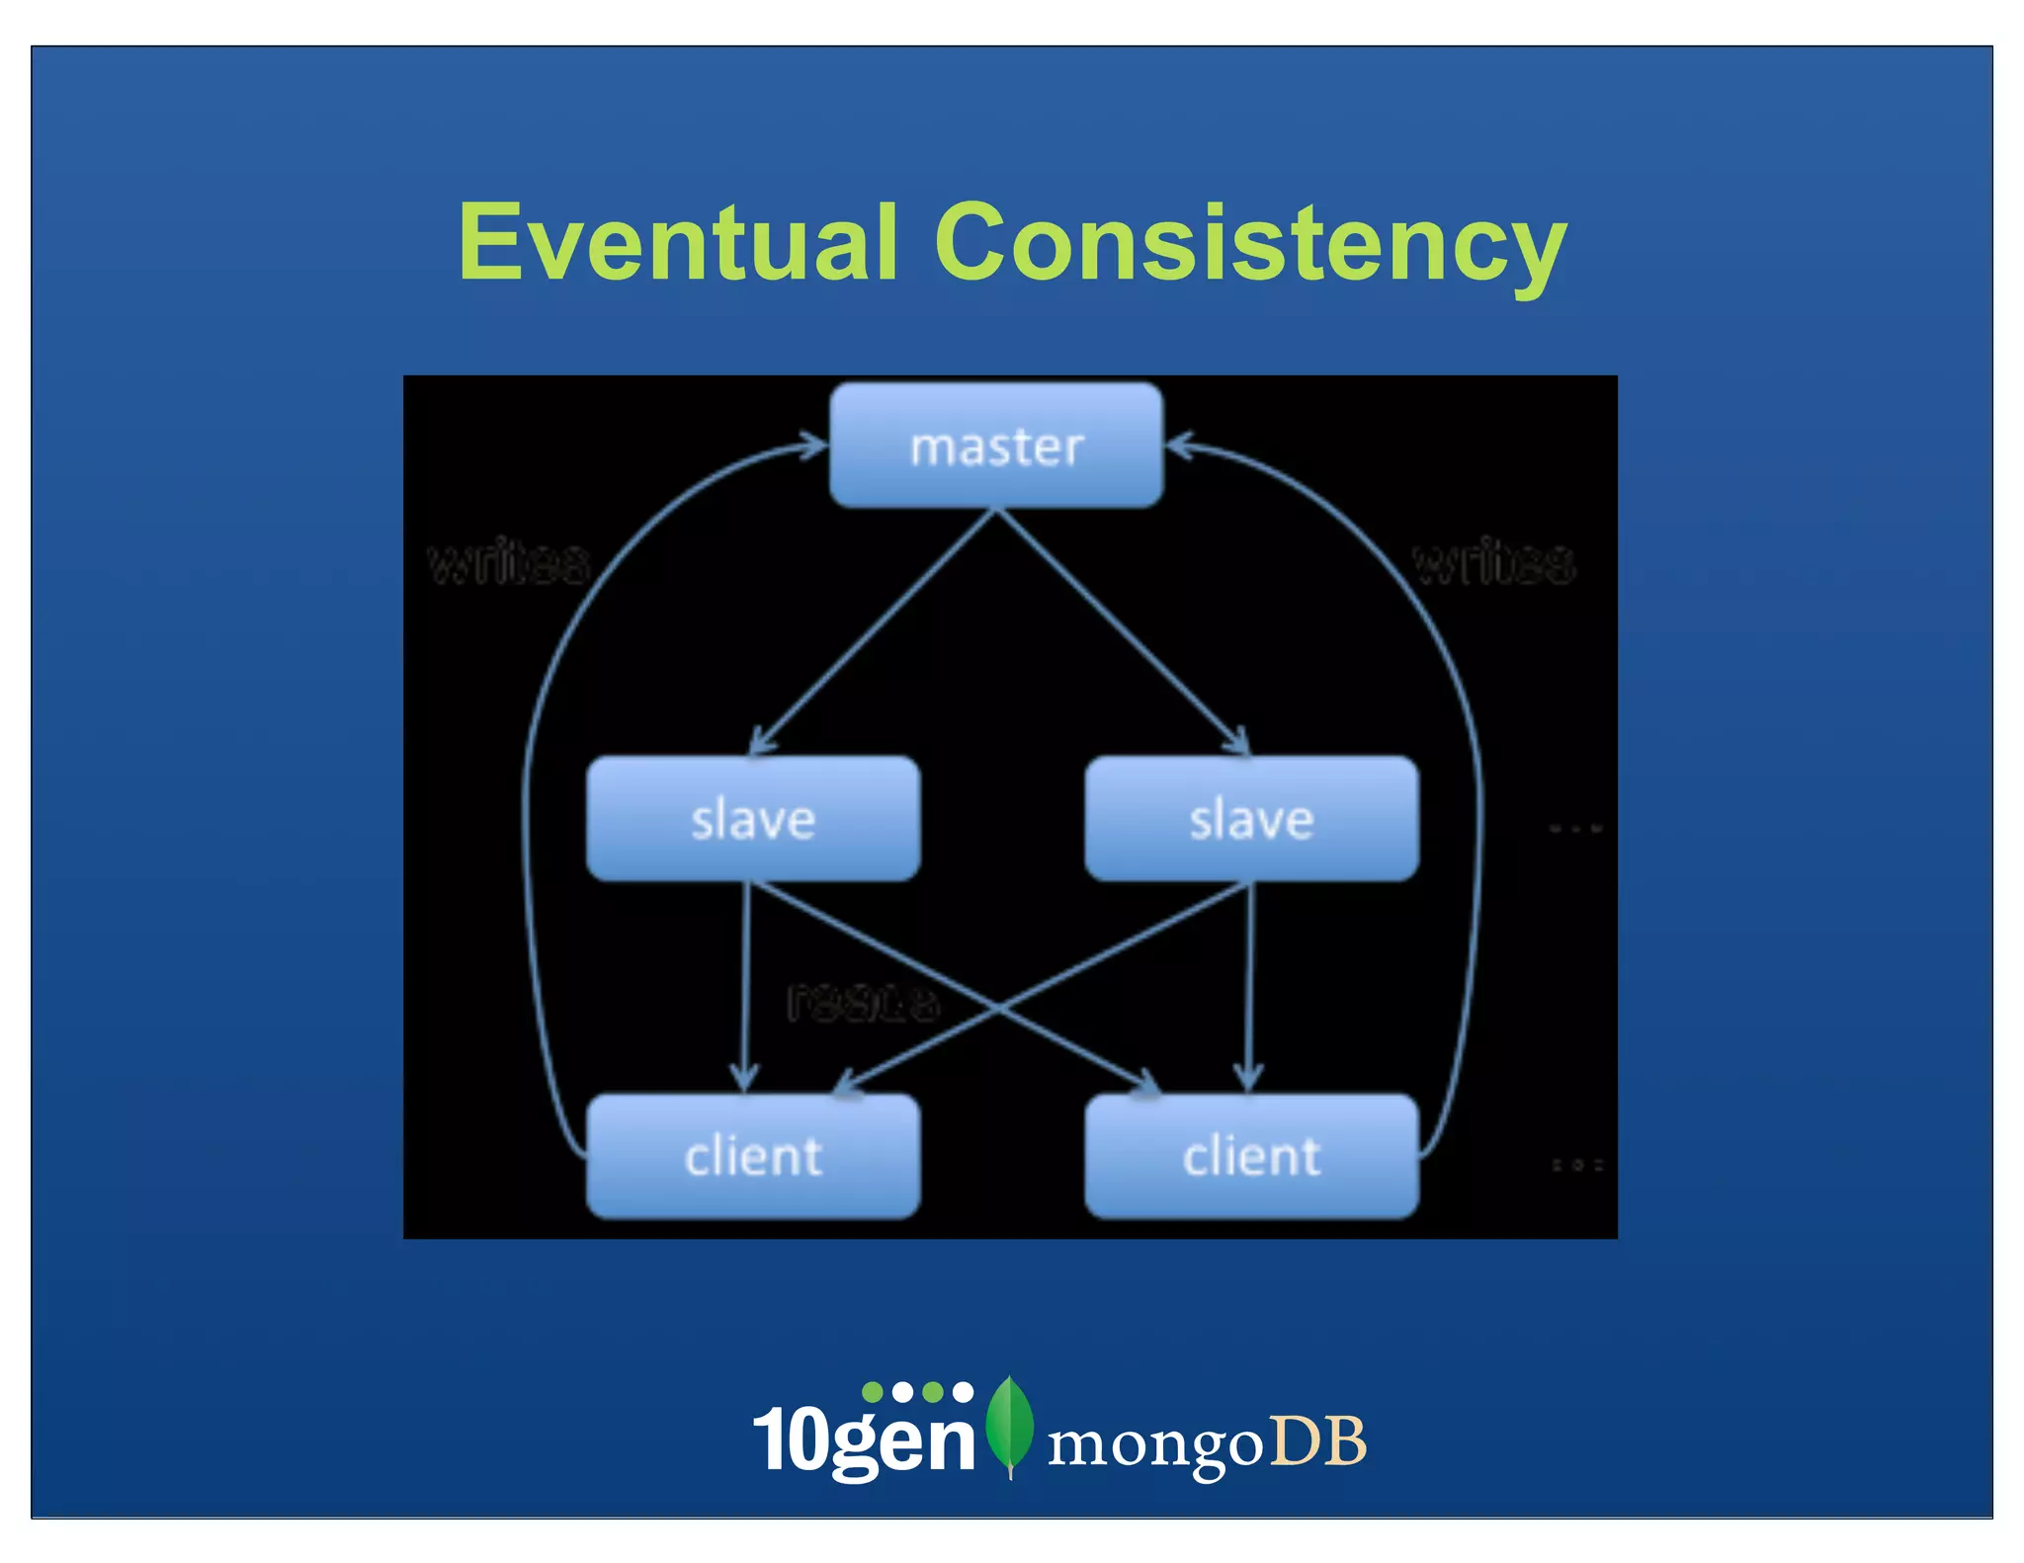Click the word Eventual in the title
(678, 242)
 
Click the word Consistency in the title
(1250, 242)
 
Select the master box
(996, 447)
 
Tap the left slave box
(753, 819)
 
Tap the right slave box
(1251, 819)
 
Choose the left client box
(753, 1156)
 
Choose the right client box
(1251, 1156)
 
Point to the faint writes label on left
(509, 563)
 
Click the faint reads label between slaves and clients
(863, 1003)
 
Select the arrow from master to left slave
(875, 632)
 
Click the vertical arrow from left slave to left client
(745, 988)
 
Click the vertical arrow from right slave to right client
(1250, 988)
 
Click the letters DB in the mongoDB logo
(1317, 1441)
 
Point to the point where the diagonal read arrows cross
(998, 1008)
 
